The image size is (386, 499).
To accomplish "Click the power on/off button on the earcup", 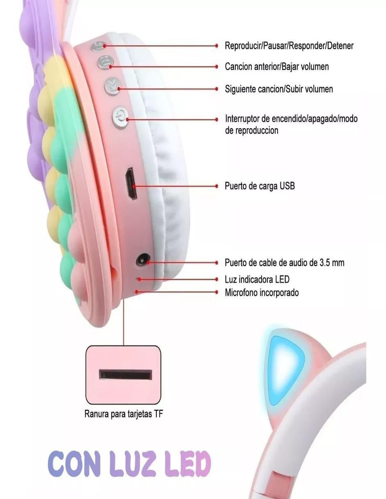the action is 120,117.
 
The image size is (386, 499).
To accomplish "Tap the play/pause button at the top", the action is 98,46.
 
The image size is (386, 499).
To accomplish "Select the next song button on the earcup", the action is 113,87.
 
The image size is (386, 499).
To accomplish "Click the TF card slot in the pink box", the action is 125,374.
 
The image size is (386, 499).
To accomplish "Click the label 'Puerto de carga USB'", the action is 260,186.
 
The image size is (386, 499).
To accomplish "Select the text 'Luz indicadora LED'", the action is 257,279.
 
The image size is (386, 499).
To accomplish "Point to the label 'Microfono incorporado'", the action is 262,292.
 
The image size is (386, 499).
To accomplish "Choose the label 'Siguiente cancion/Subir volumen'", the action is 278,89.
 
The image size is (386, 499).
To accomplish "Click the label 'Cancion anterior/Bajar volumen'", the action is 277,67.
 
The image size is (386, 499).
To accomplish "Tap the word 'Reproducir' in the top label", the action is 243,46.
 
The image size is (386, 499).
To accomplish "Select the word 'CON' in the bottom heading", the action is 74,465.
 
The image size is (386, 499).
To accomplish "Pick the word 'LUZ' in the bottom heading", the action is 131,465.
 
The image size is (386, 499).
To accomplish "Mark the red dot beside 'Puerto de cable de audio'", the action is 216,262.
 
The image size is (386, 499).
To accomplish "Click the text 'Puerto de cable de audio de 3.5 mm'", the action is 284,262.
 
